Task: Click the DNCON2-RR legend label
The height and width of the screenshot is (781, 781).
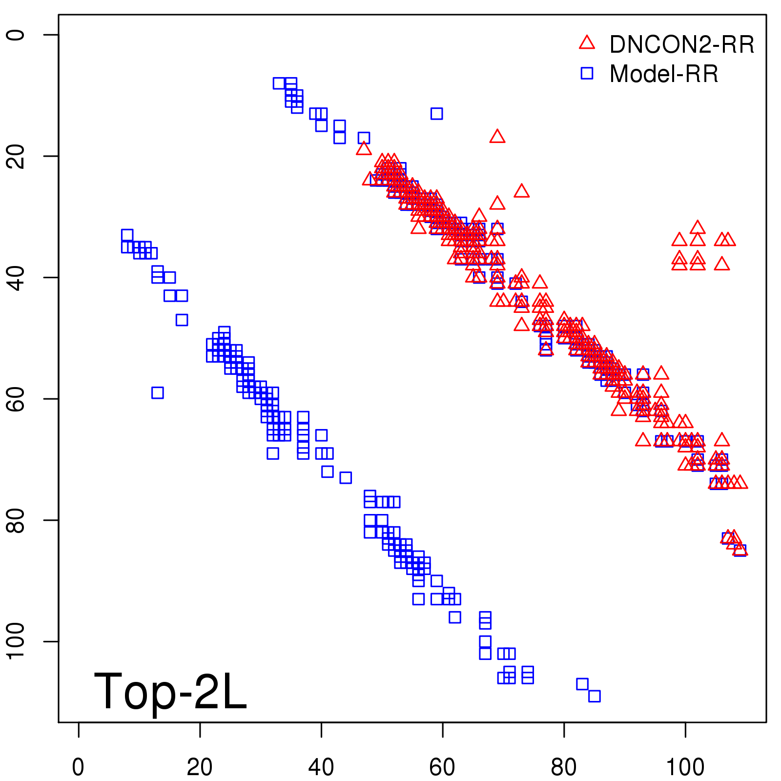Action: (681, 44)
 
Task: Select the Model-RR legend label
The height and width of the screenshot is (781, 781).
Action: (664, 74)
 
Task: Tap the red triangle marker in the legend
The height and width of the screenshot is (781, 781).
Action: (587, 43)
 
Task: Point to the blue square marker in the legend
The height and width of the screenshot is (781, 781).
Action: (587, 73)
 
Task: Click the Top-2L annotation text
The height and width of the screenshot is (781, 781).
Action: (170, 691)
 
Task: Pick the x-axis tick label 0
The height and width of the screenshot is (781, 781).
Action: (78, 767)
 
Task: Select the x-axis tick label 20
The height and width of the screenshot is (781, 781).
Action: (200, 767)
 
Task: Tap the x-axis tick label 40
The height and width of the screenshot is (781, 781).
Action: (321, 767)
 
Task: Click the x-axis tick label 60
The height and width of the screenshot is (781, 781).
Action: (442, 767)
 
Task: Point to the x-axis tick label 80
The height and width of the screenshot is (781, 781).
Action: (564, 767)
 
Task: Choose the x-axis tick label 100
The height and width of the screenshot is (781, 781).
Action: (685, 767)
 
